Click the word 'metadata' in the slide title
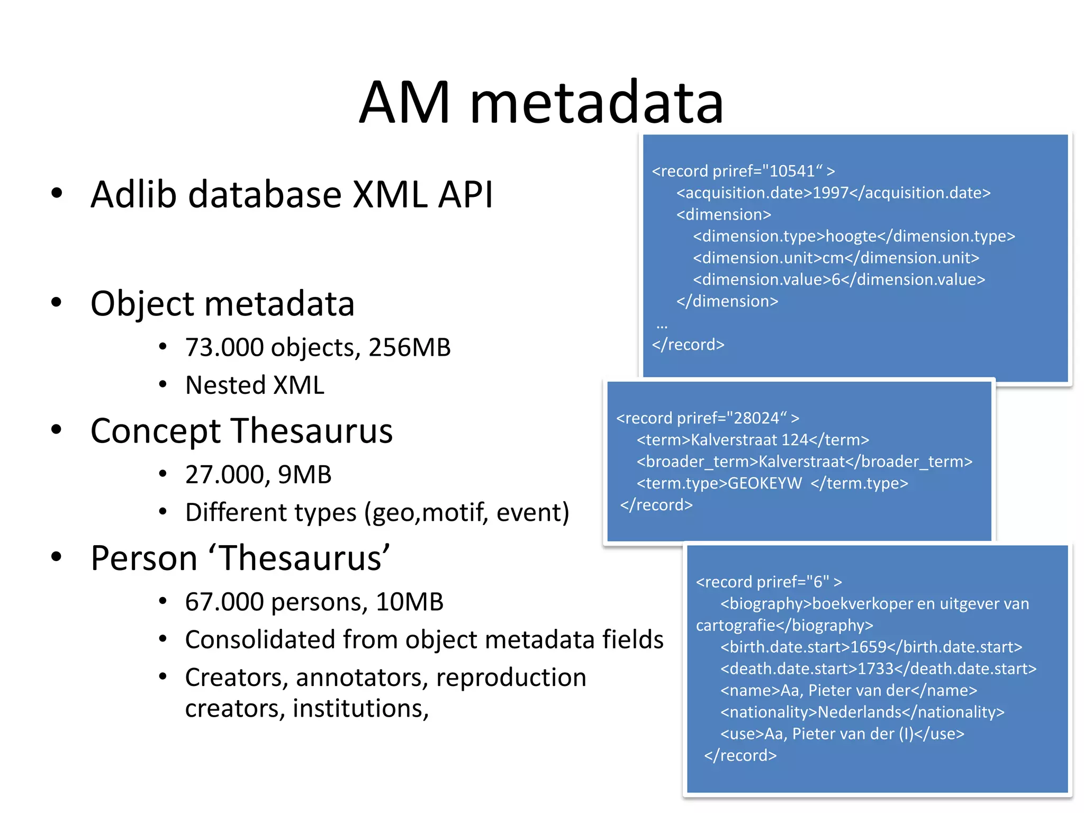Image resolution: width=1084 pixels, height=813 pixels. [x=597, y=103]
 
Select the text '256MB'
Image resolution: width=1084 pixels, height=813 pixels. [x=409, y=348]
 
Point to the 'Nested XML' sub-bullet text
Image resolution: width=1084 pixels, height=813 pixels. [x=255, y=385]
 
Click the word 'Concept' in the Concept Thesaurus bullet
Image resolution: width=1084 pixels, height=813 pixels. [x=155, y=431]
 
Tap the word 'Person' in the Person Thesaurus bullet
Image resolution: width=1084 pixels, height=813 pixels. [x=144, y=558]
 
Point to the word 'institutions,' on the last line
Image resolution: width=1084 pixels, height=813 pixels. [x=360, y=709]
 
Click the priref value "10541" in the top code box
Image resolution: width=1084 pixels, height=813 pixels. [x=792, y=171]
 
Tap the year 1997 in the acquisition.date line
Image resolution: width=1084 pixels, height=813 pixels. [x=830, y=193]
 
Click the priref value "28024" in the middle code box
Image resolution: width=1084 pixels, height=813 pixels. [x=756, y=418]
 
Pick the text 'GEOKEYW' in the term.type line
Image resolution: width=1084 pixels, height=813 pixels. [x=764, y=483]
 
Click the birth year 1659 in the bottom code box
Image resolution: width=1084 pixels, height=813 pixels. [x=868, y=647]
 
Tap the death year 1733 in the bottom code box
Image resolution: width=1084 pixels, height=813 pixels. [x=875, y=669]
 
